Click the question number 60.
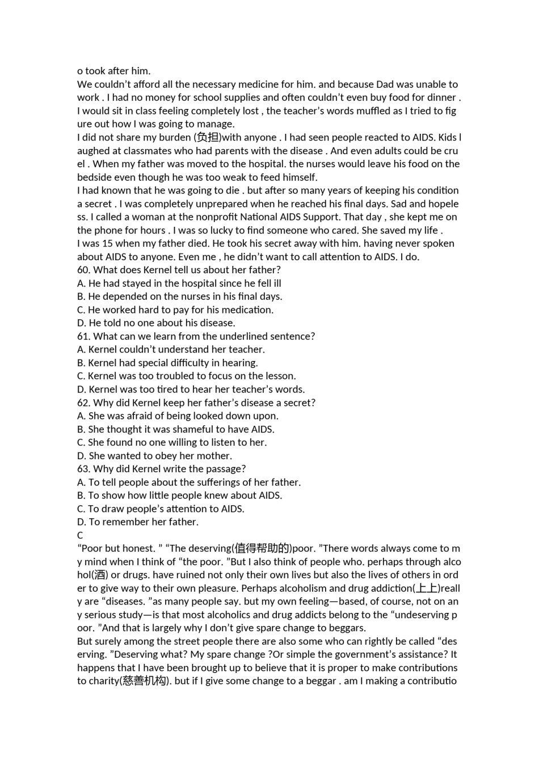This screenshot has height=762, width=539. [x=83, y=270]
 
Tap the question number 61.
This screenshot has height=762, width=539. [x=83, y=336]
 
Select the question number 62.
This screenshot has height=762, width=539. [x=83, y=403]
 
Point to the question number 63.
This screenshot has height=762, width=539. [x=83, y=469]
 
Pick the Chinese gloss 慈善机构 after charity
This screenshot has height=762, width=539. [x=144, y=681]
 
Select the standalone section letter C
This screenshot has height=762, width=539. [x=80, y=535]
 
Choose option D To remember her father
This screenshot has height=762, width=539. [x=138, y=522]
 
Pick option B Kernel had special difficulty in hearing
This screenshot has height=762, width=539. [x=167, y=363]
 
